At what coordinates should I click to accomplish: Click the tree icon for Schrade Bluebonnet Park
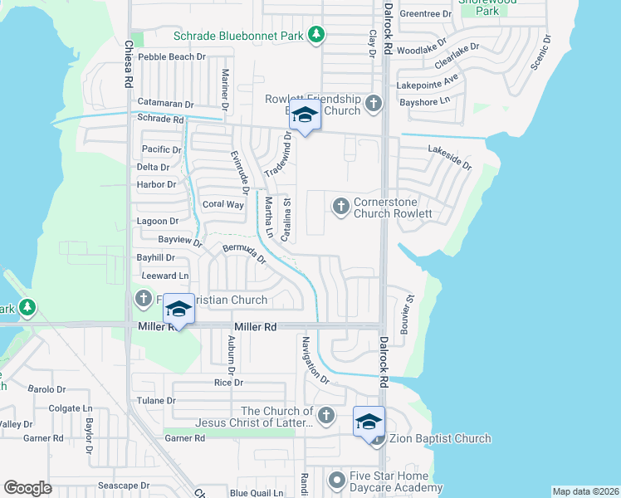(315, 35)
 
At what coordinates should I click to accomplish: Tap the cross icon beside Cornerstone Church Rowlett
(340, 207)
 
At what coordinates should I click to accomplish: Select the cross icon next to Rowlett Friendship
(374, 103)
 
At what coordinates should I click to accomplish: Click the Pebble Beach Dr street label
(172, 56)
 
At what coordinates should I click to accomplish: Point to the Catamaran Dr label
(165, 104)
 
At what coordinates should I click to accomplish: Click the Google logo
(27, 487)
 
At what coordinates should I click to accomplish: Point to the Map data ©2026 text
(585, 491)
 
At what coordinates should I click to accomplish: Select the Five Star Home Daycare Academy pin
(336, 481)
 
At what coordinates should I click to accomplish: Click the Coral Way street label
(223, 204)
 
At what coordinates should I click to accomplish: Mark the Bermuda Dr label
(243, 252)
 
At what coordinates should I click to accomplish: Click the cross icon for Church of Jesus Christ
(325, 415)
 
